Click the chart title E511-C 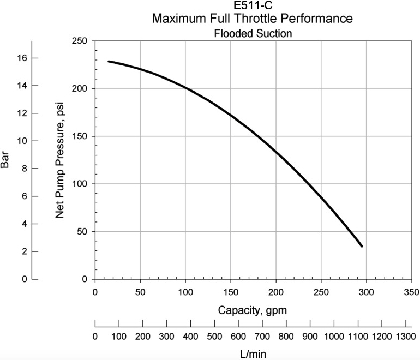tap(253, 5)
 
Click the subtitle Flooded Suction tap(253, 33)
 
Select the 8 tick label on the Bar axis tap(25, 169)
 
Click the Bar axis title tap(5, 160)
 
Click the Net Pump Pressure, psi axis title tap(59, 160)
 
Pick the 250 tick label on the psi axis tap(80, 41)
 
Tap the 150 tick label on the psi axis tap(80, 136)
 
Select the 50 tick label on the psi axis tap(82, 231)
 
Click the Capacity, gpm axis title tap(253, 310)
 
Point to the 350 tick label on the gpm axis tap(411, 292)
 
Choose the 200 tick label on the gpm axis tap(276, 292)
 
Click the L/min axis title tap(253, 354)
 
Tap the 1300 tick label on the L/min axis tap(405, 336)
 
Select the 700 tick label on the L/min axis tap(262, 336)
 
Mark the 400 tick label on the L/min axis tap(190, 336)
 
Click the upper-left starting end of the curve tap(109, 61)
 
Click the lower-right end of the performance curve tap(362, 246)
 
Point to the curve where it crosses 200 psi tap(185, 88)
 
